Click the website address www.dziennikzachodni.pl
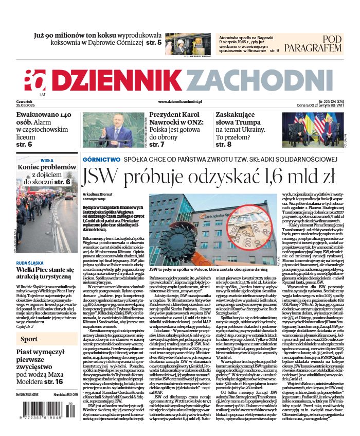(x=180, y=102)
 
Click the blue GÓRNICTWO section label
(x=102, y=160)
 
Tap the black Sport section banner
(x=47, y=339)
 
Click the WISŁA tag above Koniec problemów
(x=47, y=160)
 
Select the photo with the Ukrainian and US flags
(x=312, y=131)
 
